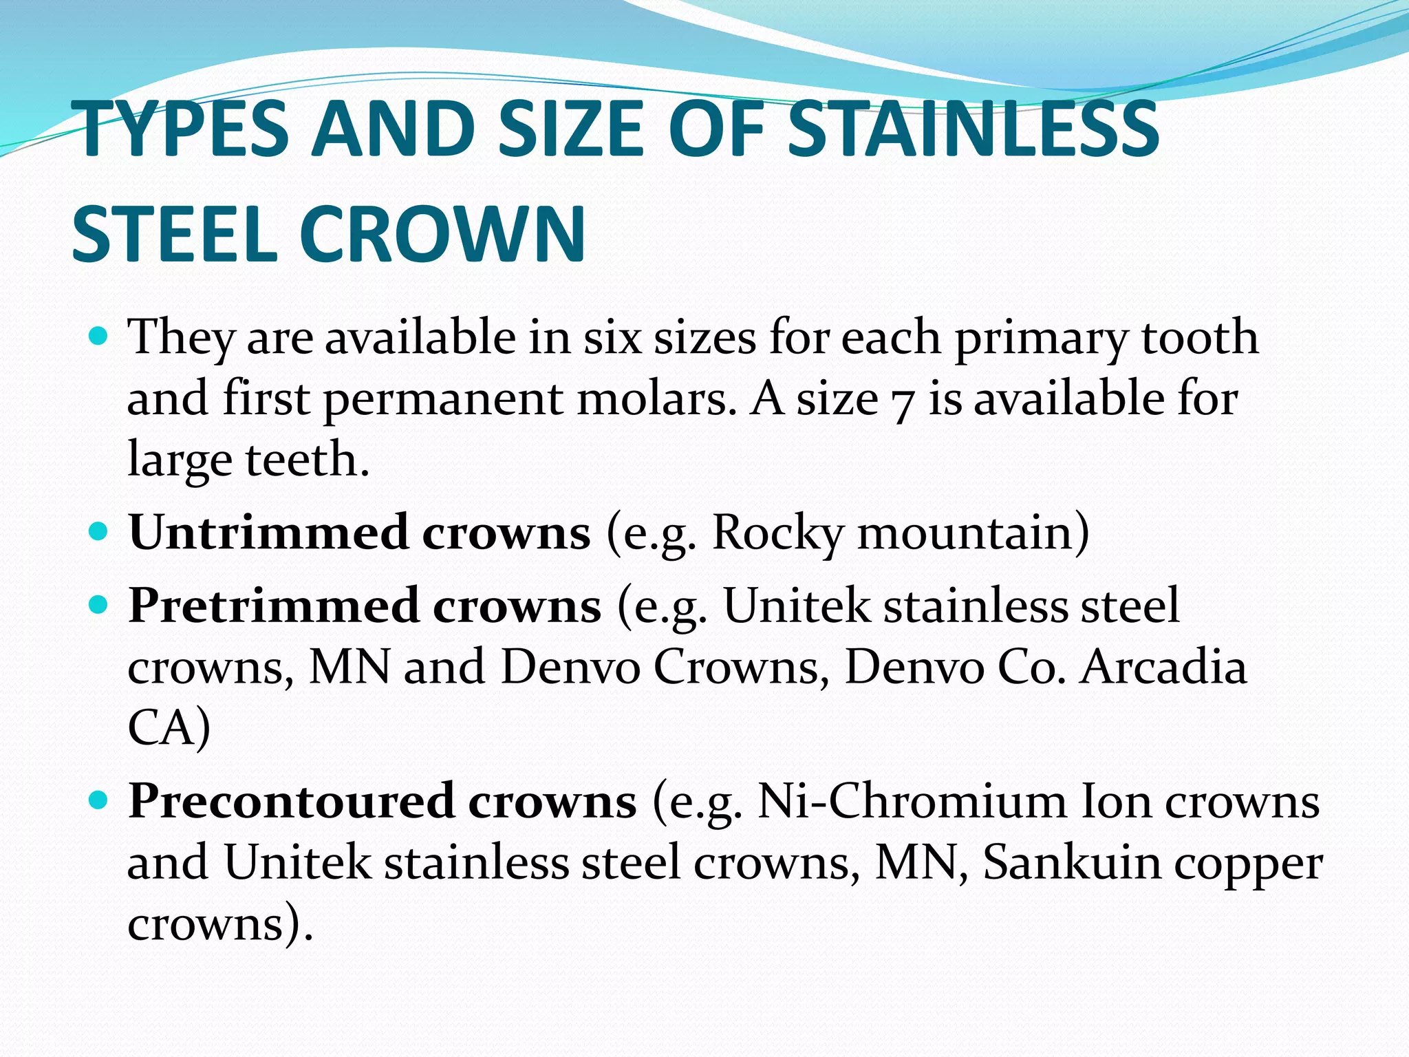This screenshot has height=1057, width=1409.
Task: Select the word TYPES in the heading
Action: tap(184, 129)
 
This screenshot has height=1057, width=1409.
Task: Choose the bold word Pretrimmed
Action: tap(274, 606)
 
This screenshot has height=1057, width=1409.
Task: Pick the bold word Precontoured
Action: tap(291, 802)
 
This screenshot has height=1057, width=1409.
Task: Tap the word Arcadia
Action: tap(1162, 667)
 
